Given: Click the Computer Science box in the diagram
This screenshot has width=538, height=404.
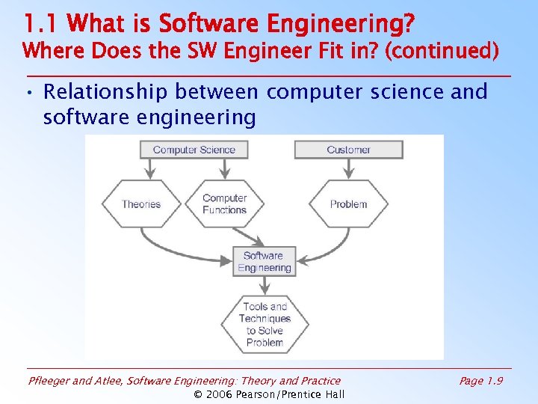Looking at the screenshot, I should (194, 150).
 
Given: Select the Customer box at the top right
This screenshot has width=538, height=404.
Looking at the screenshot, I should (348, 150).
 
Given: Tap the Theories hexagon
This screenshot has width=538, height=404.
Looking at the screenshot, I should (141, 203).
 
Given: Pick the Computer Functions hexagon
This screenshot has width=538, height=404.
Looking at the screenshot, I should (224, 203).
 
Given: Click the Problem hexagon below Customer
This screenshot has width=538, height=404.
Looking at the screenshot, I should (348, 203).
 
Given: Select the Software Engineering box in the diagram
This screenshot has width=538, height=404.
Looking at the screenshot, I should (264, 262).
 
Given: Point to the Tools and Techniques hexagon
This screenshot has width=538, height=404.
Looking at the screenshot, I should (265, 324).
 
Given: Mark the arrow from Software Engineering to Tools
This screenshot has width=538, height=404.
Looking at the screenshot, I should (265, 286).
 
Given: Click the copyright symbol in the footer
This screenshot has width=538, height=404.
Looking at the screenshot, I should (198, 394).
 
